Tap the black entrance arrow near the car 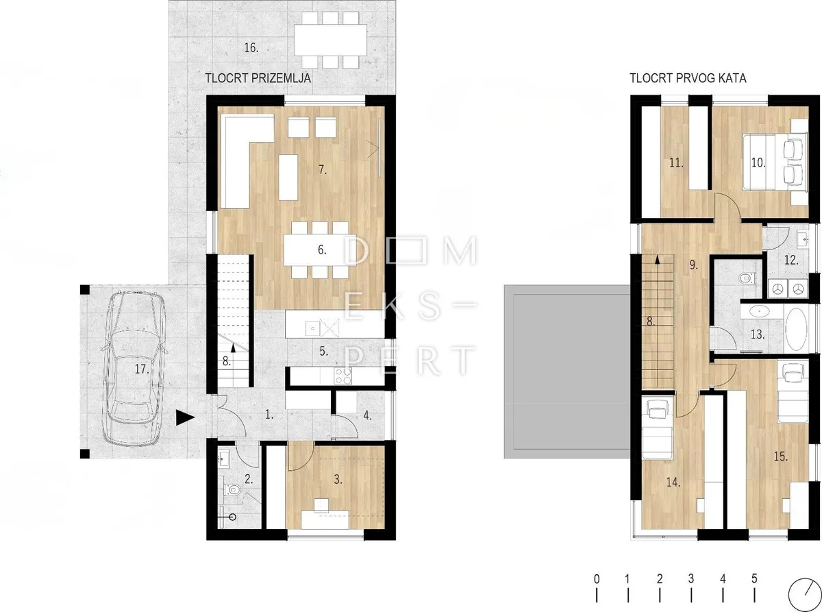pos(185,417)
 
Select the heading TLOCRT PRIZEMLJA pos(258,78)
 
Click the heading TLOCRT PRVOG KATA pos(688,78)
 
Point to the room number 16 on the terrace pos(251,48)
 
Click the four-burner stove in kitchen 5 pos(342,376)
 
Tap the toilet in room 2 pos(232,490)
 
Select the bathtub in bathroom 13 pos(796,328)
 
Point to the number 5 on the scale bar pos(754,578)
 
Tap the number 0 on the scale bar pos(597,578)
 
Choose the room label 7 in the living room pos(322,170)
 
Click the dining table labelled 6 pos(320,250)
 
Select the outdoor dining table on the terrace pos(331,40)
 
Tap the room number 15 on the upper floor pos(780,456)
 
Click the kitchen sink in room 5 pos(313,328)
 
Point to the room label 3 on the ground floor pos(338,480)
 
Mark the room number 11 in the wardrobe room pos(676,163)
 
